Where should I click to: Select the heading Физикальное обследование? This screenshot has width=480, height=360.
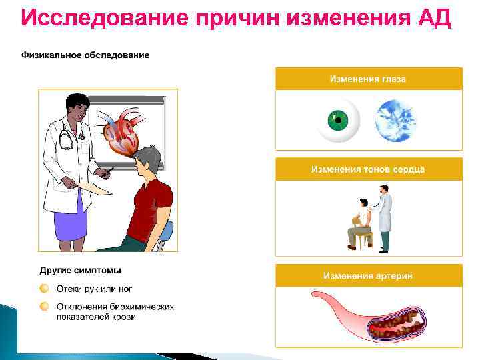tap(85, 55)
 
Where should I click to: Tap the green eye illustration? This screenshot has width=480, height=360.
tap(338, 121)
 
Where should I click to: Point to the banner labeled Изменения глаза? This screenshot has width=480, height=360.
tap(369, 79)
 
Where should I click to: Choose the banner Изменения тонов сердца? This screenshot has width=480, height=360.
tap(369, 169)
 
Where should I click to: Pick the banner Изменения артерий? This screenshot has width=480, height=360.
tap(369, 275)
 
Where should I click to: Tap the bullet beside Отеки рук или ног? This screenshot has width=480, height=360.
tap(44, 289)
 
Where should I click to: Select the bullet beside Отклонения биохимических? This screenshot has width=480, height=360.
tap(44, 307)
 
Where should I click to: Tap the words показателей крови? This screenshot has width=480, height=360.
tap(96, 317)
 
